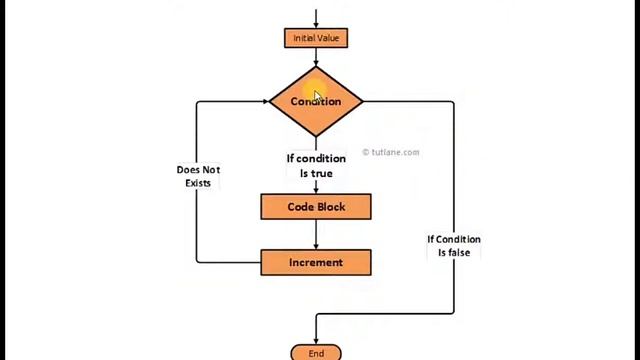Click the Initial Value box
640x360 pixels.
(316, 38)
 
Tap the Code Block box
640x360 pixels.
(316, 207)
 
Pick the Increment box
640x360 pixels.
(316, 262)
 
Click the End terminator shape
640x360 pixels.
(316, 353)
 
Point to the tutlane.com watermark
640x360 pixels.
(391, 152)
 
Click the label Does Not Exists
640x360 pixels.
(198, 176)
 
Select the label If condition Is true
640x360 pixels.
(316, 166)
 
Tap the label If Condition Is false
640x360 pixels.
(454, 246)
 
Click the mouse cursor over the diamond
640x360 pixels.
(317, 96)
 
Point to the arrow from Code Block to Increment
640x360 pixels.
(316, 235)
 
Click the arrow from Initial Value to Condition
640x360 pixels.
(316, 57)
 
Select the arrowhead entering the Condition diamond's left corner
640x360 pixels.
(264, 101)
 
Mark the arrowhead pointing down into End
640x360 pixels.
(316, 340)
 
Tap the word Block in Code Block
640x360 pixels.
(331, 207)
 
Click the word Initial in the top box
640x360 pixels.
(304, 38)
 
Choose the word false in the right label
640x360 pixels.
(458, 253)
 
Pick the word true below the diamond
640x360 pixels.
(322, 173)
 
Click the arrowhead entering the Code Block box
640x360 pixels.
(316, 190)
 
